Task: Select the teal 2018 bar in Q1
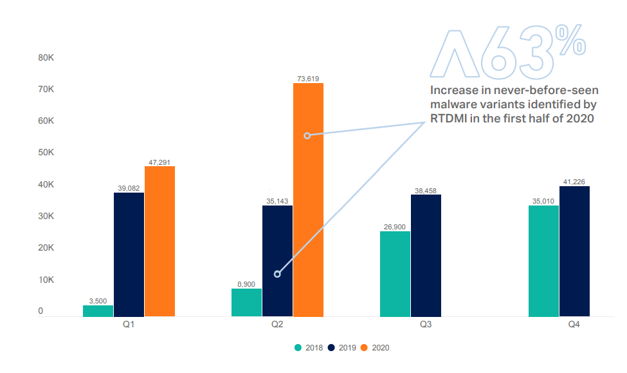[98, 311]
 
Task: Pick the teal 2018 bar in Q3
[395, 274]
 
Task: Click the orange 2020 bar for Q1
[159, 241]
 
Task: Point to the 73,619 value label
[308, 79]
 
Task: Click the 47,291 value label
[159, 162]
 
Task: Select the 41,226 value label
[574, 182]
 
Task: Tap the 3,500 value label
[98, 301]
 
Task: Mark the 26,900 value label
[395, 227]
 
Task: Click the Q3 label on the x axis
[426, 325]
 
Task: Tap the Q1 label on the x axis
[129, 325]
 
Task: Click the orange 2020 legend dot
[364, 348]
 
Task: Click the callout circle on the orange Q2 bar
[307, 135]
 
